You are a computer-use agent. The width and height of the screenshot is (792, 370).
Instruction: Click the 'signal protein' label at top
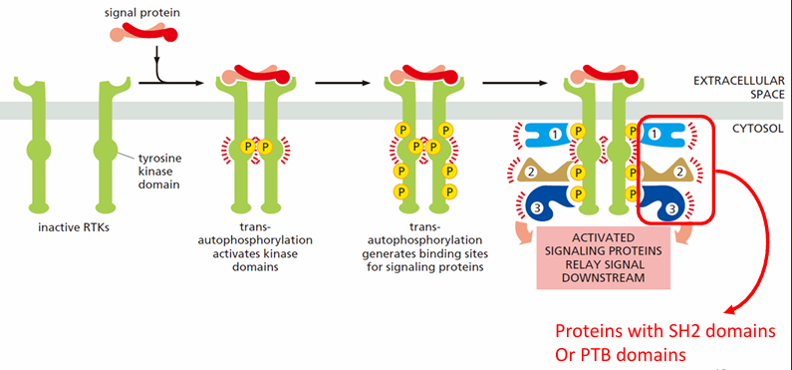click(141, 13)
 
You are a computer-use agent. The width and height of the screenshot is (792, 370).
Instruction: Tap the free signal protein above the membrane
click(143, 33)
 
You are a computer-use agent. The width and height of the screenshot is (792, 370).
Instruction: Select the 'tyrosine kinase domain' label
click(159, 172)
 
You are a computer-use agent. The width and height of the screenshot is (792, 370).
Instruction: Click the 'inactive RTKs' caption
click(74, 227)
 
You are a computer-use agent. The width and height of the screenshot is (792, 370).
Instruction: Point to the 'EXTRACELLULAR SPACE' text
click(739, 87)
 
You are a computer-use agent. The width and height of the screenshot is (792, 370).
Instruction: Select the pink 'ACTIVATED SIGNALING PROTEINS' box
click(603, 257)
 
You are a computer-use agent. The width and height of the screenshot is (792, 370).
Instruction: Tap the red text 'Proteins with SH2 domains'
click(665, 331)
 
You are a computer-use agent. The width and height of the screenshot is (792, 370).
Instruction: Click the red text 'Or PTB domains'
click(621, 355)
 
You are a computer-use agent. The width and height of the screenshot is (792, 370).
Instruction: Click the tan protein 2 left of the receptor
click(543, 172)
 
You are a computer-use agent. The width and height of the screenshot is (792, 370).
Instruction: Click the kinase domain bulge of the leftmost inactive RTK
click(39, 151)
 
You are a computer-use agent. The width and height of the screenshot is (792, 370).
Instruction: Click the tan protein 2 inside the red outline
click(664, 172)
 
